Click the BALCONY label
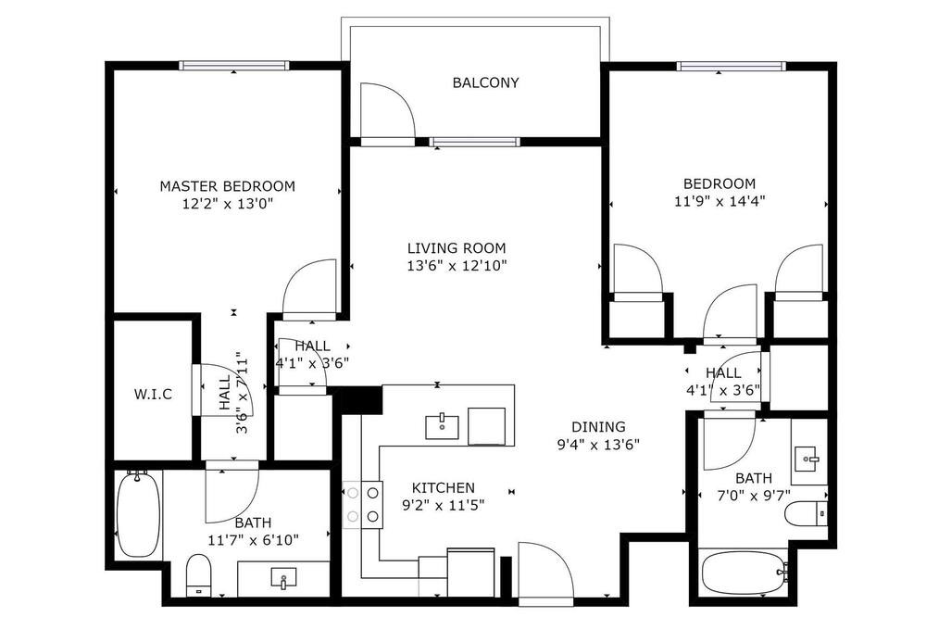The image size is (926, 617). coord(485,82)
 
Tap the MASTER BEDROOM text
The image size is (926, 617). coord(228,186)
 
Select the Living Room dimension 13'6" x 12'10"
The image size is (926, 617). coord(457,266)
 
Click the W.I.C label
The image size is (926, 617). coord(153,395)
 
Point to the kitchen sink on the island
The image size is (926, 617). coord(442,426)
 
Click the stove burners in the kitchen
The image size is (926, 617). coord(363,505)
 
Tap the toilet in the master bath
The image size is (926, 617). coord(198,575)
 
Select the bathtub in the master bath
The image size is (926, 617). coord(138,513)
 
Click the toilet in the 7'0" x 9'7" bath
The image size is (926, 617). coord(807,513)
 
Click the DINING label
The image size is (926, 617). coord(598,427)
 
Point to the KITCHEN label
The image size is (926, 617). coord(443,488)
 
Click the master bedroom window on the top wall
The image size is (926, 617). coord(234,66)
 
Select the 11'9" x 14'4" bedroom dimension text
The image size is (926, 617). coord(720,202)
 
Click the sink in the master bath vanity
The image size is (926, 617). coord(283,578)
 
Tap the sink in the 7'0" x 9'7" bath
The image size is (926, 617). coord(807,459)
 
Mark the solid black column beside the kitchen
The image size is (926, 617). coord(362,400)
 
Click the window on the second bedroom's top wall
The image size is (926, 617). coord(732,66)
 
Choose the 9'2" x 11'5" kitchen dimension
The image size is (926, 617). coord(443,506)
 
